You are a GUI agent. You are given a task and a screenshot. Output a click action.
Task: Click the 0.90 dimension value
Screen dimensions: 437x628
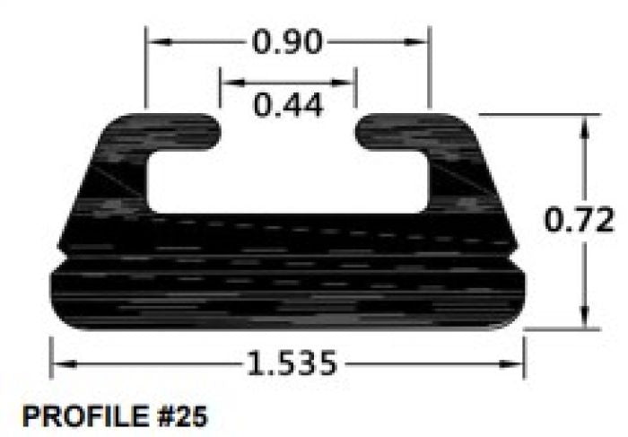[287, 42]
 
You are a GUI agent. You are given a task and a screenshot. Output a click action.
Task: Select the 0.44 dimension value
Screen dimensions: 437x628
[288, 106]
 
